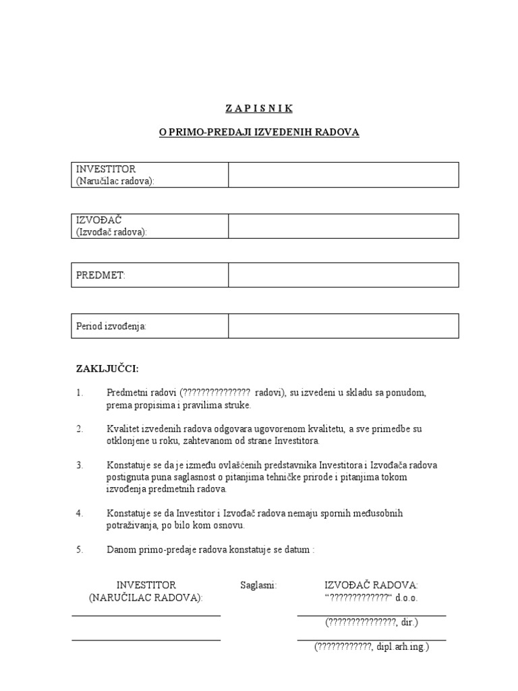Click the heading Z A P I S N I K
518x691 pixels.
tap(259, 108)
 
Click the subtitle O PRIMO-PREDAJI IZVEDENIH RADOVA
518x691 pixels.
tap(259, 133)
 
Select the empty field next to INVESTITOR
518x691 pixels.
tap(343, 175)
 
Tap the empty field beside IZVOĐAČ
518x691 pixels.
tap(343, 226)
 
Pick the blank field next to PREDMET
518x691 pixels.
tap(343, 275)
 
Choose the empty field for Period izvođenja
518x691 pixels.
tap(343, 326)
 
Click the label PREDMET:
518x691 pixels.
tap(100, 275)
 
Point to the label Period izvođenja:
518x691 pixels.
tap(111, 327)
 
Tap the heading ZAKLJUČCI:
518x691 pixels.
tap(107, 368)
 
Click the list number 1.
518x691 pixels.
tap(79, 393)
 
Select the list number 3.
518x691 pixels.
tap(79, 466)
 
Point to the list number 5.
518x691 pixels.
tap(79, 550)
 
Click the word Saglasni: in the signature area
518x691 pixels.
tap(258, 585)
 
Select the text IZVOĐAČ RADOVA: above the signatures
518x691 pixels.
tap(372, 585)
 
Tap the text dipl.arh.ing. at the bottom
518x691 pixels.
tap(402, 646)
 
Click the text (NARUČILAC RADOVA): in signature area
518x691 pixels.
tap(146, 598)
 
